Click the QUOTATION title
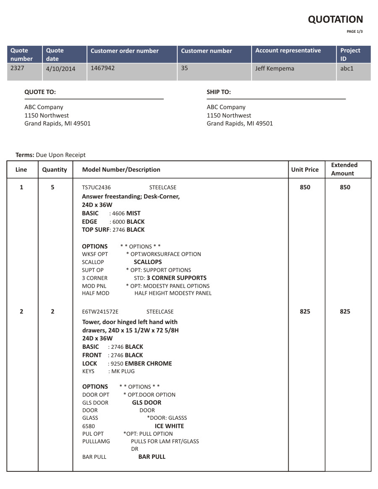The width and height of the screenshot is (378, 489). pos(335,19)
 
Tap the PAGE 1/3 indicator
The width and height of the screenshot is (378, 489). pos(354,31)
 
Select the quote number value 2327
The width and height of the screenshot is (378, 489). pos(17,68)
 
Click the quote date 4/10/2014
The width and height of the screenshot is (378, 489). pos(60,68)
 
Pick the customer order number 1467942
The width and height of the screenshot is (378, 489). pos(102,68)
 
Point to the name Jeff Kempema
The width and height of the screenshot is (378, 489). pos(275,68)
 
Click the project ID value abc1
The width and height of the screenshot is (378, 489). pos(347,68)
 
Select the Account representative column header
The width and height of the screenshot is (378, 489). pos(288,51)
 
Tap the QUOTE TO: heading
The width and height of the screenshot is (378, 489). pos(40,92)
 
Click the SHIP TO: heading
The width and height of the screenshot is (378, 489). pos(218,92)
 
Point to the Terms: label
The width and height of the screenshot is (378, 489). pos(25,155)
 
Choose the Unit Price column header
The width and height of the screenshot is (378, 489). pos(305,170)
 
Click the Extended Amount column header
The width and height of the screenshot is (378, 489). pos(344,169)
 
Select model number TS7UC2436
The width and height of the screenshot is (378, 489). pos(96,188)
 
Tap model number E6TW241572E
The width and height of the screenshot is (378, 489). pos(100,312)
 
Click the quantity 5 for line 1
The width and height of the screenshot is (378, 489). pos(52,187)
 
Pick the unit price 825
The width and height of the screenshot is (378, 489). pos(305,311)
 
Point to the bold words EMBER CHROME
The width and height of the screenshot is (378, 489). pos(148,363)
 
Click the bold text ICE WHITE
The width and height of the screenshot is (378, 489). pos(169,426)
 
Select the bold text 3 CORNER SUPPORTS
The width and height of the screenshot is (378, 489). pos(176,278)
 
